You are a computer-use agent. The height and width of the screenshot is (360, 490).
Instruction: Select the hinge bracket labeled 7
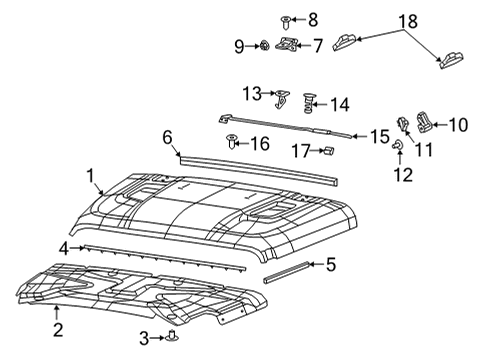tap(288, 44)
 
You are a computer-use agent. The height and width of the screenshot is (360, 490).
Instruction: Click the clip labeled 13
tap(281, 96)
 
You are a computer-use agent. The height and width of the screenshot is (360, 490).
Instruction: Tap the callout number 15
tap(378, 134)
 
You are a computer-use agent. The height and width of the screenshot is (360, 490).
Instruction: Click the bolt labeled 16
tap(233, 142)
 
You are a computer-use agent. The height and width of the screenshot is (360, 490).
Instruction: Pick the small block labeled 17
tap(327, 150)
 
